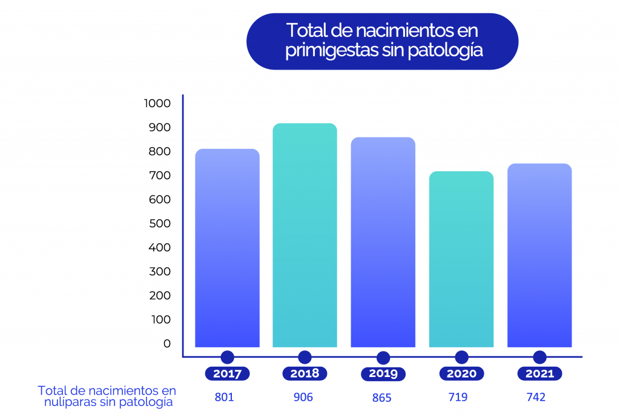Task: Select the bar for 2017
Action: [227, 248]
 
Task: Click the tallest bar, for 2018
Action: [305, 235]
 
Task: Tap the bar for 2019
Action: [383, 242]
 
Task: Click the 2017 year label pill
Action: [227, 373]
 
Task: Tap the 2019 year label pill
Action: [383, 374]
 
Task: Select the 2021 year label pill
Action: [539, 373]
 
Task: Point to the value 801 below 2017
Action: [224, 398]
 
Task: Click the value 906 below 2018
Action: [303, 398]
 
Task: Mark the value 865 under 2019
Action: [381, 398]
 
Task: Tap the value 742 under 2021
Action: [536, 398]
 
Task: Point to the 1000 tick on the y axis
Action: [157, 103]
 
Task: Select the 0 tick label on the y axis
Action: [167, 344]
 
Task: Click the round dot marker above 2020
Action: [461, 357]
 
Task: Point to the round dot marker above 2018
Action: [305, 357]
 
